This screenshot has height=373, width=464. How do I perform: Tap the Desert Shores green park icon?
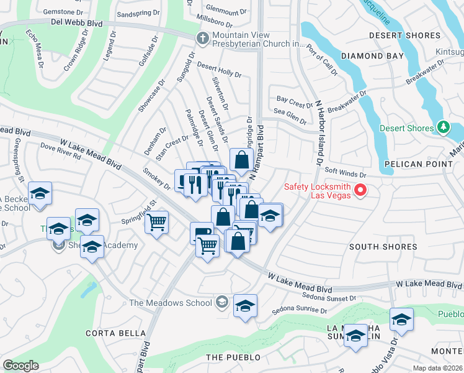coord(443,128)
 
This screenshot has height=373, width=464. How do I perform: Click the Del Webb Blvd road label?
coord(77,23)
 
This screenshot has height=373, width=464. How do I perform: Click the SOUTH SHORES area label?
coord(383,247)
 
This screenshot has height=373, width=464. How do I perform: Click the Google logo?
coord(21,366)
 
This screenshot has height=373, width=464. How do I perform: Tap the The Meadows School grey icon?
coord(221,303)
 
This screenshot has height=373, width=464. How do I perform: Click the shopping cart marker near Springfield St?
coord(157,221)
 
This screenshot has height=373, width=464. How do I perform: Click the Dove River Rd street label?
coord(60,152)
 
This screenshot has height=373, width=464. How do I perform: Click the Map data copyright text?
coord(437,368)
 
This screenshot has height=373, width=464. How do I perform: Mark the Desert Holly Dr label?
coord(219,69)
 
